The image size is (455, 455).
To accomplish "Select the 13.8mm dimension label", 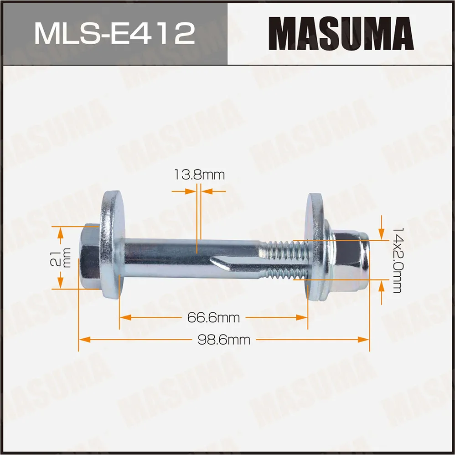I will click(x=199, y=175).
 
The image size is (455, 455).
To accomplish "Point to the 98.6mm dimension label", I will click(x=224, y=340).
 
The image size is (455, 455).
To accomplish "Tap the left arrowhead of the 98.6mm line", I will click(x=83, y=339).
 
